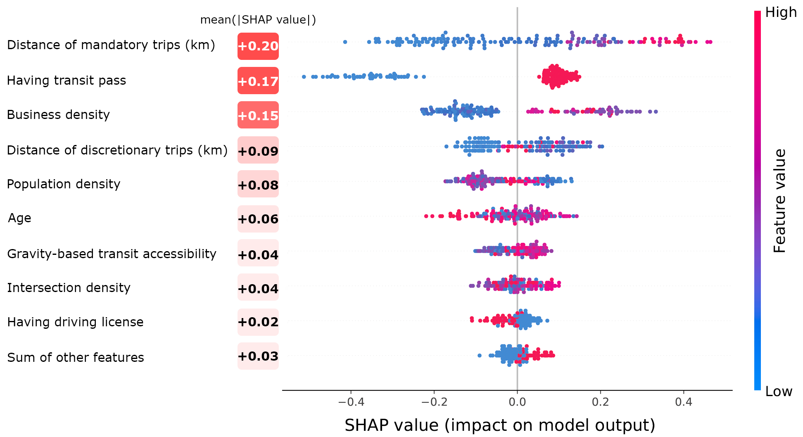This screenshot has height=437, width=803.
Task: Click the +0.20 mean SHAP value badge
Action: pos(258,46)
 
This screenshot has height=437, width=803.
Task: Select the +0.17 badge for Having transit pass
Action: pos(258,81)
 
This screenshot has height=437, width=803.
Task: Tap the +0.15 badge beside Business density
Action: pos(258,115)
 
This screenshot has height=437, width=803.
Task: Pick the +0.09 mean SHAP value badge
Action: pos(258,151)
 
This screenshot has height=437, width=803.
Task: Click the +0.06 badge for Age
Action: pos(258,218)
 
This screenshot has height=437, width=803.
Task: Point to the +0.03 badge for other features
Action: pos(258,356)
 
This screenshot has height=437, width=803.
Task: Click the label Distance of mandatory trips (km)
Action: pos(111,45)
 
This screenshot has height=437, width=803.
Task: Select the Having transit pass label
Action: pos(67,81)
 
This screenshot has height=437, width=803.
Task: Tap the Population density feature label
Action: pos(64,184)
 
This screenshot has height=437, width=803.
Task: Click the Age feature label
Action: pos(19,218)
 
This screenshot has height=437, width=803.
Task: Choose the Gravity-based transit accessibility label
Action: pos(112,254)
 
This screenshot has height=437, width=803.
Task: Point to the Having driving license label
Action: pos(75,322)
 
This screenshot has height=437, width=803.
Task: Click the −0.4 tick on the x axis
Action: pos(351,402)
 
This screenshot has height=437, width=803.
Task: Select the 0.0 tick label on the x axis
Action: pos(517,402)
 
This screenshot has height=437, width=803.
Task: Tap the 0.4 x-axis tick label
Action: pos(684,402)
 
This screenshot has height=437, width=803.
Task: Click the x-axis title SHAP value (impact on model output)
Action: pos(500,425)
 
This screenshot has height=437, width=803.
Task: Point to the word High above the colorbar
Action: pos(781,12)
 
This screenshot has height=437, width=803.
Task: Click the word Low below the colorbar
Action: pos(779,391)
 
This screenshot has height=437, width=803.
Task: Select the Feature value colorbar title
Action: pos(779,201)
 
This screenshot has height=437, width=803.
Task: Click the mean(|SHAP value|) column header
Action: pos(258,20)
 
